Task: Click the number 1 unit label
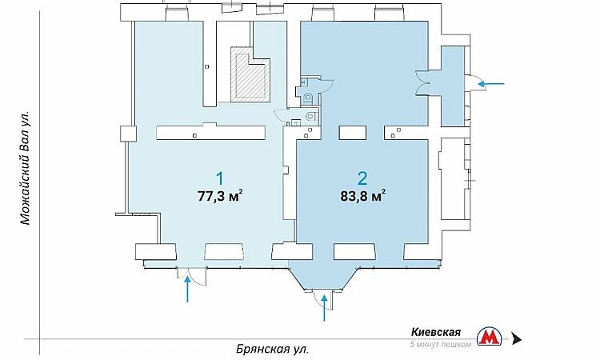pos(220,179)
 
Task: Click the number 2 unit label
pos(362,178)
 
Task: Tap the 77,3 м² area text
pos(221,196)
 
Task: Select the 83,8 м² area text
pos(362,196)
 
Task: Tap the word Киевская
pos(436,332)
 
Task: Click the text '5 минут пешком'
pos(441,344)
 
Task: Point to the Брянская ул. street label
pos(272,350)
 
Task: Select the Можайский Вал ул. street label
pos(25,168)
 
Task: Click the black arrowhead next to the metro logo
pos(517,339)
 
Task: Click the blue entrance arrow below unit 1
pos(187,290)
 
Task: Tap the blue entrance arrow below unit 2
pos(325,307)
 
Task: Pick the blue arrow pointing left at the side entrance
pos(492,83)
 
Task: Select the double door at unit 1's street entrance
pos(191,276)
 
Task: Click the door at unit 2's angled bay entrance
pos(322,300)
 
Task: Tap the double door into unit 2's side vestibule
pos(422,82)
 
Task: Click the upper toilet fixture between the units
pos(309,98)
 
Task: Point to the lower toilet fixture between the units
pos(310,115)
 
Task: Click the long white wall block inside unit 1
pos(211,132)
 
